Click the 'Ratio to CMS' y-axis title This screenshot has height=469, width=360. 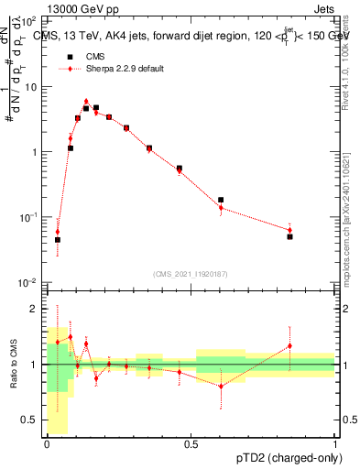14,364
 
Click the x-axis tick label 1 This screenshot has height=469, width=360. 335,443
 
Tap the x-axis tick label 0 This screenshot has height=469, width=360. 47,443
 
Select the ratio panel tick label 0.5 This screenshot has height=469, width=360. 31,420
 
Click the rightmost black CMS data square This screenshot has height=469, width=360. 289,236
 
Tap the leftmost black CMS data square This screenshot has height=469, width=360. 58,240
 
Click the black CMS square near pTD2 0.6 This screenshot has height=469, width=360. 221,200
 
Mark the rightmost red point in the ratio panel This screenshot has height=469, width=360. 289,345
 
